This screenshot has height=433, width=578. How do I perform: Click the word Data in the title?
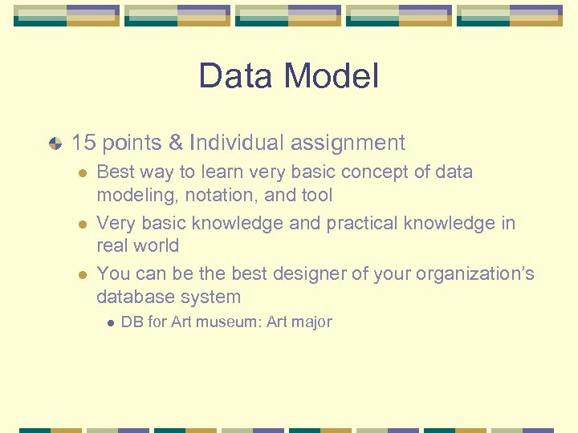pyautogui.click(x=234, y=77)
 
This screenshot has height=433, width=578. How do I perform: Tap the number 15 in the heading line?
pyautogui.click(x=83, y=144)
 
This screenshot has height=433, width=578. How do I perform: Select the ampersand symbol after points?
pyautogui.click(x=177, y=144)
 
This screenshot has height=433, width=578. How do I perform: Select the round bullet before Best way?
pyautogui.click(x=80, y=173)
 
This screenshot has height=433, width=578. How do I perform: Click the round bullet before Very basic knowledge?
pyautogui.click(x=80, y=224)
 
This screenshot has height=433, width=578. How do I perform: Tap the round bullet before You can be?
pyautogui.click(x=80, y=275)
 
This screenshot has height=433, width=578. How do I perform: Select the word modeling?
pyautogui.click(x=128, y=195)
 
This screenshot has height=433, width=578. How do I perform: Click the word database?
pyautogui.click(x=128, y=297)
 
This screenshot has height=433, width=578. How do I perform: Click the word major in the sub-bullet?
pyautogui.click(x=313, y=322)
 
